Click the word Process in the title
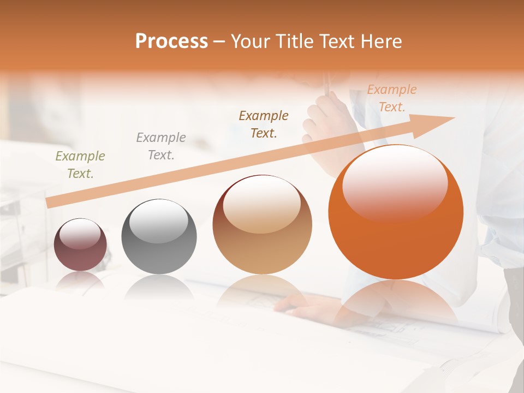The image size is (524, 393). pyautogui.click(x=171, y=41)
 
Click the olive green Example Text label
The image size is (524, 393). pyautogui.click(x=80, y=164)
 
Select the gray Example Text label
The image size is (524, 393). pyautogui.click(x=160, y=146)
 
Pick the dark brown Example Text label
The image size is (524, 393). pyautogui.click(x=264, y=124)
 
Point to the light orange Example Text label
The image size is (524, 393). pyautogui.click(x=391, y=98)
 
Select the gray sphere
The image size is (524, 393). pyautogui.click(x=159, y=237)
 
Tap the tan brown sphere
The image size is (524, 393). pyautogui.click(x=262, y=225)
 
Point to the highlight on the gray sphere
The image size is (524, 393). pyautogui.click(x=158, y=221)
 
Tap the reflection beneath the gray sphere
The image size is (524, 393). pyautogui.click(x=158, y=287)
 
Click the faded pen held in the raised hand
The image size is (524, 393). pyautogui.click(x=326, y=85)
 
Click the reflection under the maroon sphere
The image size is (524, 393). pyautogui.click(x=80, y=280)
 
